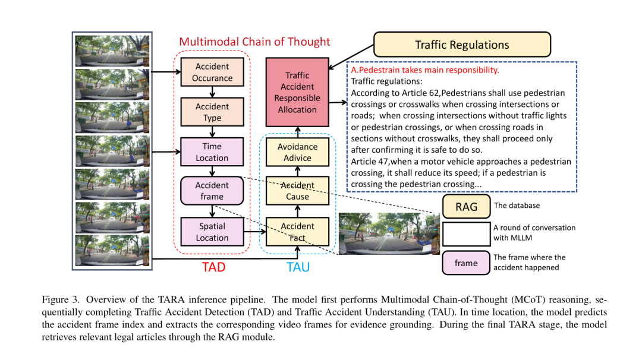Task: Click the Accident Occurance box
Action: [212, 72]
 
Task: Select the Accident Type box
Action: [212, 112]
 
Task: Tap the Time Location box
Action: [212, 151]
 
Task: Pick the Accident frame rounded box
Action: [212, 191]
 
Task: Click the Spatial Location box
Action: [212, 232]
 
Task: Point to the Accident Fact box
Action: [297, 232]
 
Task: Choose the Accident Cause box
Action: [297, 191]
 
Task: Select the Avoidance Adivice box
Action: [297, 151]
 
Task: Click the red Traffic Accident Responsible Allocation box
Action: [297, 92]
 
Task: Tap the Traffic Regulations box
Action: [462, 45]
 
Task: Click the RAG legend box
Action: [467, 207]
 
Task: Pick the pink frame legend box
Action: [466, 263]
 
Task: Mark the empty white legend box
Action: [467, 234]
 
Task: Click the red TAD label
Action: [214, 267]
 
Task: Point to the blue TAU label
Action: [298, 267]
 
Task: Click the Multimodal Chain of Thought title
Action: [254, 42]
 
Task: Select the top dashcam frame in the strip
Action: [112, 50]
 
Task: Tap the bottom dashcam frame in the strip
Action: [112, 250]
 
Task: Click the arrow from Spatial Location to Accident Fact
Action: [255, 232]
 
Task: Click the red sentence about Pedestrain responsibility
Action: [425, 70]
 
